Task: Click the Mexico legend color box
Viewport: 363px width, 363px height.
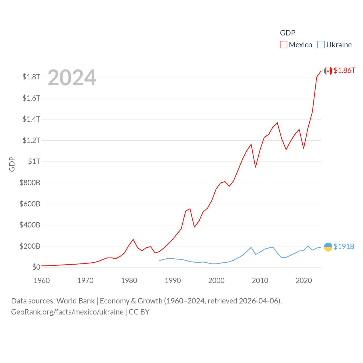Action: (283, 45)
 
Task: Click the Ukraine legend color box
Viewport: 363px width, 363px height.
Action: (321, 45)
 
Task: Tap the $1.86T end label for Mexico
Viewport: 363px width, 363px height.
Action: (344, 70)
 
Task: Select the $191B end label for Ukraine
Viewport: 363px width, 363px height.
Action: (344, 246)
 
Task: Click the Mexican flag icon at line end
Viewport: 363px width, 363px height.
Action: (328, 71)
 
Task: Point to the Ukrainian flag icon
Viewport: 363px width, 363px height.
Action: (328, 247)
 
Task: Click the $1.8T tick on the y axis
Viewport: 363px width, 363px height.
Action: (31, 77)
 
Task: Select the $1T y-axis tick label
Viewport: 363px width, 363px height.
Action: (34, 161)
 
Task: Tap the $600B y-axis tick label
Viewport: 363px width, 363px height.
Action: (30, 204)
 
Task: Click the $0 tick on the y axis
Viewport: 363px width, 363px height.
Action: (36, 267)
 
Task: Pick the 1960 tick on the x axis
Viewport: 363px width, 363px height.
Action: (42, 280)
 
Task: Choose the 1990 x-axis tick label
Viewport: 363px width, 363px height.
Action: (173, 280)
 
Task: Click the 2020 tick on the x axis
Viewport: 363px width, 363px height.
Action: (304, 280)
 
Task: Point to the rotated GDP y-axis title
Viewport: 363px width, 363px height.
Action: (12, 164)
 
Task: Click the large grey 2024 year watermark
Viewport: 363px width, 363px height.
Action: (72, 78)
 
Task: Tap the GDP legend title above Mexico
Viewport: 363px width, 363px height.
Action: (288, 33)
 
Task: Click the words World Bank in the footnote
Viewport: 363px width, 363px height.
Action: (75, 301)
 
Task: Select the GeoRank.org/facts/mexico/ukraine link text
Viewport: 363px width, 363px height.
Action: (67, 312)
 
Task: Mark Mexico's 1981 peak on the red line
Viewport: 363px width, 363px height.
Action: (133, 239)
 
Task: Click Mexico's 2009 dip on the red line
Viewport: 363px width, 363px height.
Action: (256, 167)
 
